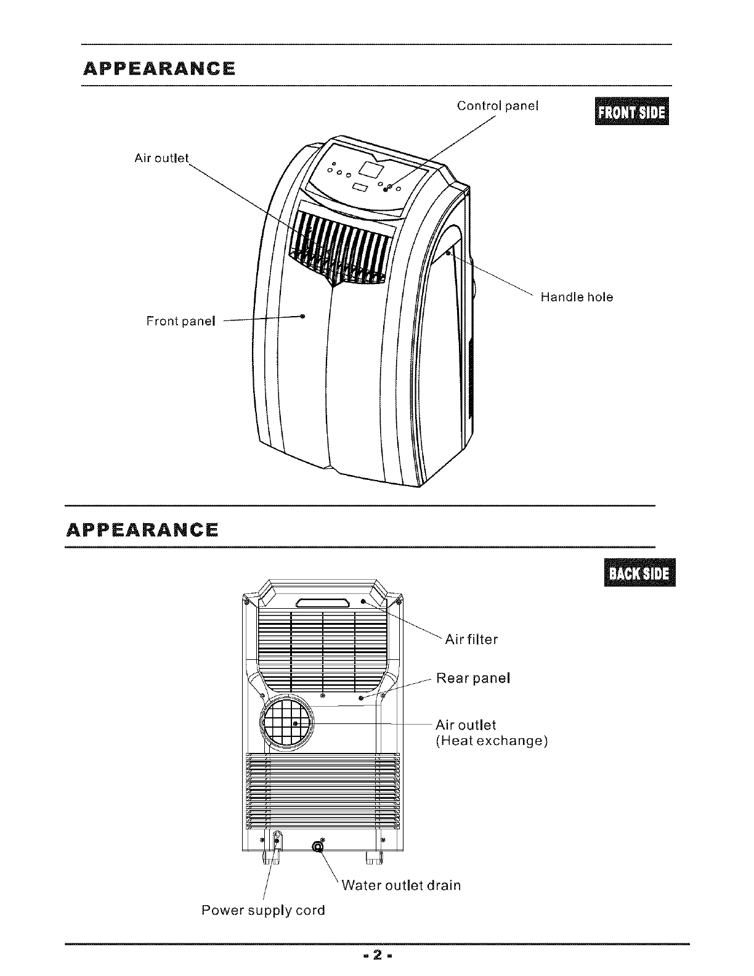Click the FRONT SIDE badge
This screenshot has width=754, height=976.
[631, 112]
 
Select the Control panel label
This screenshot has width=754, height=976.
[498, 106]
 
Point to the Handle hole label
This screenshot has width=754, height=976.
[577, 297]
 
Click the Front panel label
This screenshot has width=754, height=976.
[180, 321]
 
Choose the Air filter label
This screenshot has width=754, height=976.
[471, 640]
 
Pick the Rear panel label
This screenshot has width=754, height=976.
[473, 678]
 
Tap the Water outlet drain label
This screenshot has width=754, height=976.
[401, 885]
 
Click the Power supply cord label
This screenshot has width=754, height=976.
[263, 910]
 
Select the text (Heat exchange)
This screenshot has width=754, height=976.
[492, 741]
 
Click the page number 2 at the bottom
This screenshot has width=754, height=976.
[378, 956]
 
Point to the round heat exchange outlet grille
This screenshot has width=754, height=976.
[286, 723]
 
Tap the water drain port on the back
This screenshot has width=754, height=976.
[318, 848]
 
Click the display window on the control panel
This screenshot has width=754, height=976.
[371, 168]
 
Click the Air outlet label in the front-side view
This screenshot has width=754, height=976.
[161, 158]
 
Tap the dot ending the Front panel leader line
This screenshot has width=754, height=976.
[302, 316]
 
